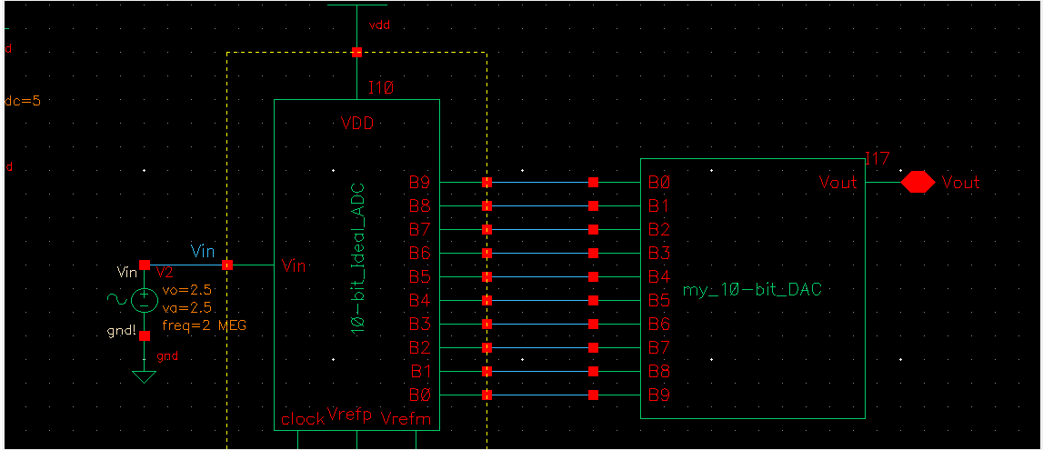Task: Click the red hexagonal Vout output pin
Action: (x=918, y=183)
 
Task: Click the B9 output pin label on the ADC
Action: (x=419, y=183)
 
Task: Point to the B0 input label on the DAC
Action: (x=659, y=183)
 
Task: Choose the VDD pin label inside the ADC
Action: (x=356, y=124)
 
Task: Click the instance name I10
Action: (x=380, y=88)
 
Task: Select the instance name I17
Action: (x=877, y=159)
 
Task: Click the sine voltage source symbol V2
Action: (x=144, y=300)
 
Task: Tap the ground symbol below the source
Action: (x=144, y=375)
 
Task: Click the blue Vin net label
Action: (x=204, y=251)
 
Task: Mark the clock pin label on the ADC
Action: (x=303, y=419)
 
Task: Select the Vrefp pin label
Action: (x=349, y=415)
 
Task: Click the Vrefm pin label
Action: (x=406, y=419)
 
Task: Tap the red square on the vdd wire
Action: (x=356, y=52)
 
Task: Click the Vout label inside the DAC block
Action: (x=837, y=183)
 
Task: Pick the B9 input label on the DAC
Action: (x=659, y=395)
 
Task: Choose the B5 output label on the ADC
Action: (x=419, y=277)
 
